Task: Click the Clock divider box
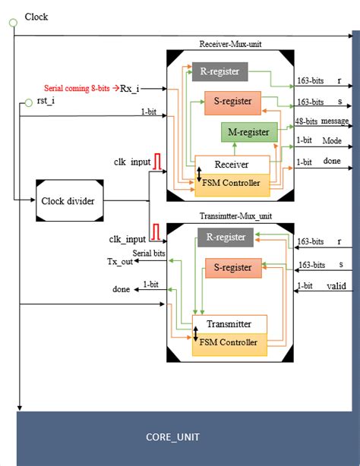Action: click(x=69, y=201)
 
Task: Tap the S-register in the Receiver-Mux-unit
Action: click(x=232, y=102)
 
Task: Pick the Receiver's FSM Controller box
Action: click(x=232, y=183)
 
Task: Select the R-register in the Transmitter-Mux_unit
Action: click(x=226, y=237)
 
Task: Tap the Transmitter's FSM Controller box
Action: click(x=229, y=343)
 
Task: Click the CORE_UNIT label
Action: click(x=174, y=438)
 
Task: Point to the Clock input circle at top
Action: click(x=13, y=24)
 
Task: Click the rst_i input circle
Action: click(x=30, y=100)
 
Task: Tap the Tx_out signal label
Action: click(x=119, y=262)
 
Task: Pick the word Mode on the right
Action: click(x=331, y=140)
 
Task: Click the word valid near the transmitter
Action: click(x=336, y=286)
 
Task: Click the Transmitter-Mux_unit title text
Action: click(x=229, y=215)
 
